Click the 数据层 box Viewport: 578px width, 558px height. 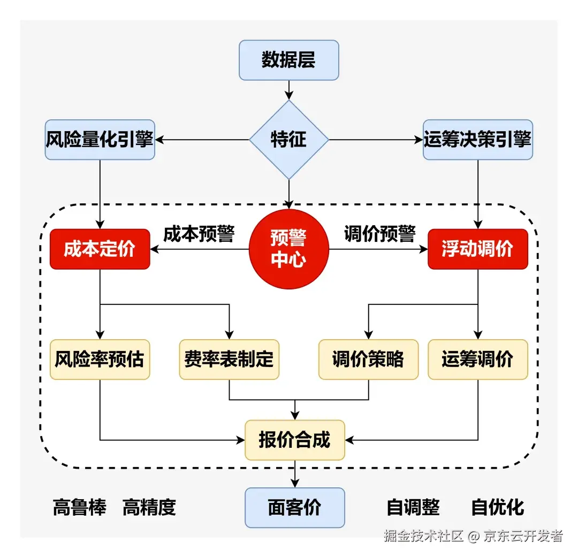pyautogui.click(x=289, y=60)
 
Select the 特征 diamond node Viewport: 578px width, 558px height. pyautogui.click(x=289, y=140)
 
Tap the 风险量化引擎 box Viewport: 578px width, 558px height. pyautogui.click(x=100, y=140)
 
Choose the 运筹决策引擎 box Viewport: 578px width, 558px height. pyautogui.click(x=478, y=140)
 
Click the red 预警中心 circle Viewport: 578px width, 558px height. pyautogui.click(x=289, y=249)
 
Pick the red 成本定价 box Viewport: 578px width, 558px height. pyautogui.click(x=100, y=249)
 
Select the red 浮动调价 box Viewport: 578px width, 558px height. pyautogui.click(x=478, y=249)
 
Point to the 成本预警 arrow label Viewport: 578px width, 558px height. pyautogui.click(x=199, y=234)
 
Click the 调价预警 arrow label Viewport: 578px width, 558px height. pyautogui.click(x=379, y=234)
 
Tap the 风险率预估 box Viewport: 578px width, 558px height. pyautogui.click(x=100, y=360)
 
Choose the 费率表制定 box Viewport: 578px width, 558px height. pyautogui.click(x=229, y=360)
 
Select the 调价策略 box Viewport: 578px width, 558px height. pyautogui.click(x=368, y=360)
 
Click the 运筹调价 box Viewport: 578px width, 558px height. pyautogui.click(x=478, y=360)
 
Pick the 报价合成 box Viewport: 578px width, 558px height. pyautogui.click(x=295, y=440)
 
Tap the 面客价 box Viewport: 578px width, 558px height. pyautogui.click(x=295, y=507)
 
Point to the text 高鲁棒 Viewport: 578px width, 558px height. pyautogui.click(x=80, y=507)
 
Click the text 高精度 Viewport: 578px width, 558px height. pyautogui.click(x=149, y=507)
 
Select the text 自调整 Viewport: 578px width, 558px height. pyautogui.click(x=413, y=507)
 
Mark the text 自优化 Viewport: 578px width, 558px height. pyautogui.click(x=498, y=507)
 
